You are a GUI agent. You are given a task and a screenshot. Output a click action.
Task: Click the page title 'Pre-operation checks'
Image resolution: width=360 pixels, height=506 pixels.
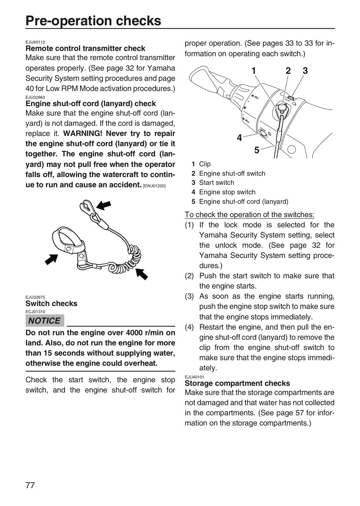[x=93, y=21]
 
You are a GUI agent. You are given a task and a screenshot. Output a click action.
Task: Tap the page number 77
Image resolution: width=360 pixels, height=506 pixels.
[x=30, y=485]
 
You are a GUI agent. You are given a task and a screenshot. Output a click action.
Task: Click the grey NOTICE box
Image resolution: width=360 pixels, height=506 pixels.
[x=45, y=320]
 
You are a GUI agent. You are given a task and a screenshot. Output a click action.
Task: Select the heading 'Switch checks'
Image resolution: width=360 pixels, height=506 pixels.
[x=51, y=303]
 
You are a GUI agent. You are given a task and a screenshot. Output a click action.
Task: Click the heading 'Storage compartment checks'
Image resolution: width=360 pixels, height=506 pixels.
[x=237, y=383]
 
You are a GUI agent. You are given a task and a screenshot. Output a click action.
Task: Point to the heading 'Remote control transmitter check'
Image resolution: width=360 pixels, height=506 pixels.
[x=85, y=48]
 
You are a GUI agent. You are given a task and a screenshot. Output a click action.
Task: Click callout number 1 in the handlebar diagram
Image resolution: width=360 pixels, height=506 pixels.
[x=254, y=71]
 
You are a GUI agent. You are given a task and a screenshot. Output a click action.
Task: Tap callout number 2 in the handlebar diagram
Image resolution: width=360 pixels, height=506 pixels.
[x=288, y=71]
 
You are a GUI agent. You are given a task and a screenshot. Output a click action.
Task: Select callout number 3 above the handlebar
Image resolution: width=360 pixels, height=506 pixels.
[x=305, y=71]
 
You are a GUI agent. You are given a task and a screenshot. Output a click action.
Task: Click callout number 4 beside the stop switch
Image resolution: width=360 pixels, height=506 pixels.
[x=240, y=138]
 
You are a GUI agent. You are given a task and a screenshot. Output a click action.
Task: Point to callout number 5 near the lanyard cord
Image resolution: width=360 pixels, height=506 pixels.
[x=257, y=150]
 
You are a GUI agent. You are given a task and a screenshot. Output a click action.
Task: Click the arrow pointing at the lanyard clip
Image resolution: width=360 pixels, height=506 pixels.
[x=104, y=205]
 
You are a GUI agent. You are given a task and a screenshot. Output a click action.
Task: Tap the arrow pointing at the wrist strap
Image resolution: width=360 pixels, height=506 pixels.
[x=51, y=259]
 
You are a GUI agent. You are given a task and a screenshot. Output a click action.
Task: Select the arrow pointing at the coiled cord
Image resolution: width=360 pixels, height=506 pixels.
[x=142, y=274]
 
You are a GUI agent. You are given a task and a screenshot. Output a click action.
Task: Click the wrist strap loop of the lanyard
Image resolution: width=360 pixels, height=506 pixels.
[x=67, y=240]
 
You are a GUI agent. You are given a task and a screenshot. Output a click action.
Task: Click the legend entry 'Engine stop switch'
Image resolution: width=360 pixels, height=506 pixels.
[x=227, y=192]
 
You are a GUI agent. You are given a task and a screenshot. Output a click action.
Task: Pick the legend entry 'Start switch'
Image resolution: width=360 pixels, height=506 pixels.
[x=217, y=182]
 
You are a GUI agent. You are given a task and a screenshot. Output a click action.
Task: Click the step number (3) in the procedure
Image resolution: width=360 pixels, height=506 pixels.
[x=189, y=296]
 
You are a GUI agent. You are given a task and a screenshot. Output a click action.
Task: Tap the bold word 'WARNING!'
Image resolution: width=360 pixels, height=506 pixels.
[x=83, y=134]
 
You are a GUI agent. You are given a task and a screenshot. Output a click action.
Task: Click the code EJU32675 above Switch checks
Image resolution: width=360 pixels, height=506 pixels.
[x=35, y=297]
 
